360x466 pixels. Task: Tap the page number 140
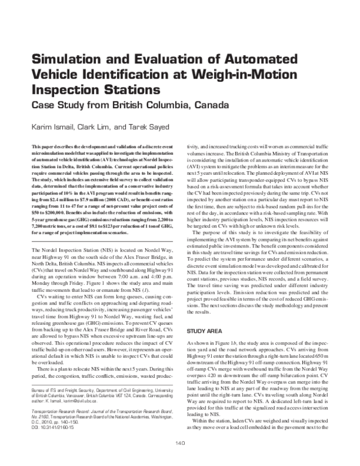point(180,459)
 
